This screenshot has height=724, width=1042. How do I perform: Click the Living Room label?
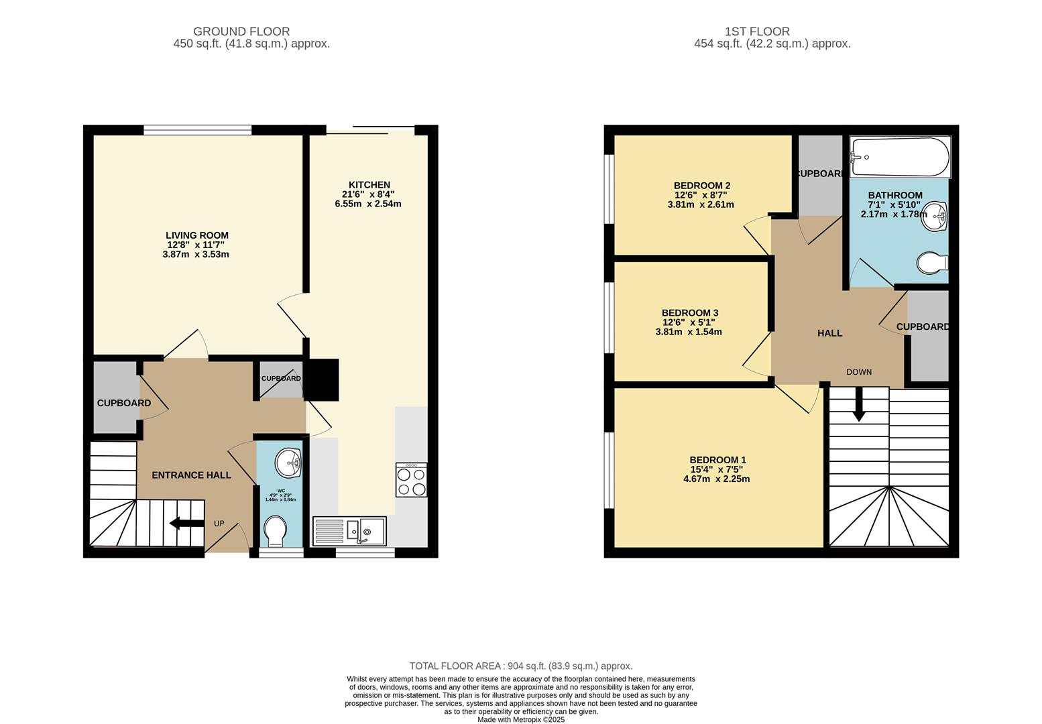coord(196,235)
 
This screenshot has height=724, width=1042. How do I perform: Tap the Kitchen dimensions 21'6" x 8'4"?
coord(368,194)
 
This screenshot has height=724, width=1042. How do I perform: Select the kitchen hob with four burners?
coord(411,480)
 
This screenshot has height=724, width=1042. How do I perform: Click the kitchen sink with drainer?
coord(349,530)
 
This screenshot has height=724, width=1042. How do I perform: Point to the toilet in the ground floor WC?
coord(275,532)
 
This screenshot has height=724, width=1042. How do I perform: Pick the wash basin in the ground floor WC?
coord(289,461)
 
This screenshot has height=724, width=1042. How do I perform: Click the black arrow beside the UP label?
coord(187,523)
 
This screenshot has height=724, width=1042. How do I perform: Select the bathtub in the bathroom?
coord(899,157)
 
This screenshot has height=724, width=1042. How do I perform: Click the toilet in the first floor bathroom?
coord(931,263)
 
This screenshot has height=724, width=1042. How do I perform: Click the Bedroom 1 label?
coord(717,460)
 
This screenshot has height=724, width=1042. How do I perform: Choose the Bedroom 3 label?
coord(689,313)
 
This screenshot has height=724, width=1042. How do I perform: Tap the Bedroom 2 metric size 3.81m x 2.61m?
coord(700,204)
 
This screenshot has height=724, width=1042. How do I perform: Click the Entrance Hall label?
coord(191,475)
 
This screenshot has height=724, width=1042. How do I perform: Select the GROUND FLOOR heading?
coord(241,32)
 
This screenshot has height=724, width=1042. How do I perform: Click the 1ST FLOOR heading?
coord(757,32)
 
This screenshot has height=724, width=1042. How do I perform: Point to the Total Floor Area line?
coord(521,666)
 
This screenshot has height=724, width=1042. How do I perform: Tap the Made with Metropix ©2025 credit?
coord(521,719)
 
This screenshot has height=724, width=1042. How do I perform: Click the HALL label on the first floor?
coord(829,333)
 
